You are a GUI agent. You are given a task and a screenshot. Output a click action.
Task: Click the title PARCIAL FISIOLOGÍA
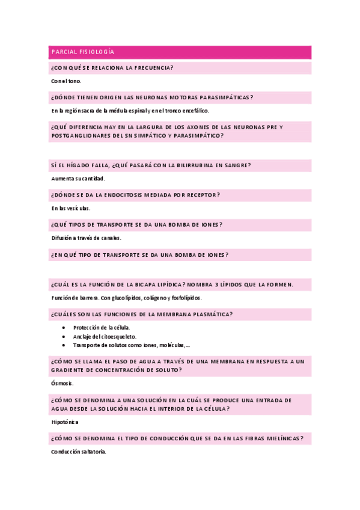[83, 52]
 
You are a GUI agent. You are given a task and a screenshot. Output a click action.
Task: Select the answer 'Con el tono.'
[67, 81]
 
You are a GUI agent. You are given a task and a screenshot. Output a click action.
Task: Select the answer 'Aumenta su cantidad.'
[78, 179]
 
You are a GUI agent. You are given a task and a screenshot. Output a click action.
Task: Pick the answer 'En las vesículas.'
[71, 208]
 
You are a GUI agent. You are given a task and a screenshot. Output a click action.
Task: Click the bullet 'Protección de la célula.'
[102, 327]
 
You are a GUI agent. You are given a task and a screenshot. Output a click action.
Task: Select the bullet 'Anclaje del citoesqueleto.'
[105, 336]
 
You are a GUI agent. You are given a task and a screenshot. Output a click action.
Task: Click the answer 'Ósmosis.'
[63, 383]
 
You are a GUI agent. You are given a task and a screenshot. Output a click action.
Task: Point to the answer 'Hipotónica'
[65, 422]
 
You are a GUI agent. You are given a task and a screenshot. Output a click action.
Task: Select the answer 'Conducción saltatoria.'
[79, 452]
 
